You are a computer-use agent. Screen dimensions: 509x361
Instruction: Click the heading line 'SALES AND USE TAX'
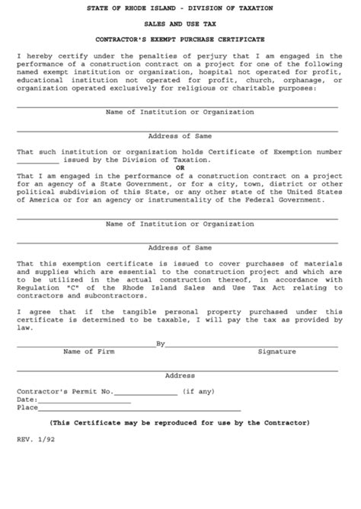(180, 24)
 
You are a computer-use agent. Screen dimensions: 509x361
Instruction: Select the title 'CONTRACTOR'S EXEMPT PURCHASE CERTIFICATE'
(180, 39)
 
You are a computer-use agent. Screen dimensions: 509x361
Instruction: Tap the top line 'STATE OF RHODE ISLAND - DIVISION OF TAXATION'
(180, 8)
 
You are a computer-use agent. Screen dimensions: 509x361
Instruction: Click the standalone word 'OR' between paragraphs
(180, 167)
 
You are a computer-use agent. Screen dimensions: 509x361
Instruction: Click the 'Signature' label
(276, 331)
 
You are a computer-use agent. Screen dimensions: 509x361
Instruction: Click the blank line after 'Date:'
(84, 399)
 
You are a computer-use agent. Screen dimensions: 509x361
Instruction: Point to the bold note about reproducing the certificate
(180, 422)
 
